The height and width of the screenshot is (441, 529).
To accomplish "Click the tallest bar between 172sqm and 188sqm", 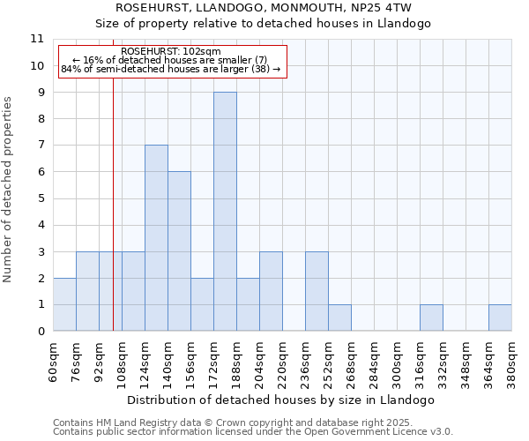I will tap(225, 212).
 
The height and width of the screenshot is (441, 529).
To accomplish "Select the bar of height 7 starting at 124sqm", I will tap(156, 238).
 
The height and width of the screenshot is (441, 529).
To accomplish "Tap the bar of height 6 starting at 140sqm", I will tap(179, 251).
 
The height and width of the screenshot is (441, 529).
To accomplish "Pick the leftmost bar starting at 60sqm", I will tap(64, 304).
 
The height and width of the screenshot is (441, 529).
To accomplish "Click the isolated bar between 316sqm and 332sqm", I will tap(431, 318).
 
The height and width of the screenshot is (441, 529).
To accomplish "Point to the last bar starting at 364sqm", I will tap(500, 318).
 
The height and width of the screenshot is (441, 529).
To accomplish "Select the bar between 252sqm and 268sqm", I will tap(339, 318).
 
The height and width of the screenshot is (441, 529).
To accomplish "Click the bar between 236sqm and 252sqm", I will tap(317, 291).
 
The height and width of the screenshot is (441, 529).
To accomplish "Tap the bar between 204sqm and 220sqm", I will tap(271, 291).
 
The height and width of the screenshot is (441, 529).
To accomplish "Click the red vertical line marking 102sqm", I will tap(113, 220).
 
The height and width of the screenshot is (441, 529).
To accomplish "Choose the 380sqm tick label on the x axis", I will tap(511, 362).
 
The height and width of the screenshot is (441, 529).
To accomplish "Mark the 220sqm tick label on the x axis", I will tap(282, 362).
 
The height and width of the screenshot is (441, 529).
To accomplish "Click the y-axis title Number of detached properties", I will tap(8, 190).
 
